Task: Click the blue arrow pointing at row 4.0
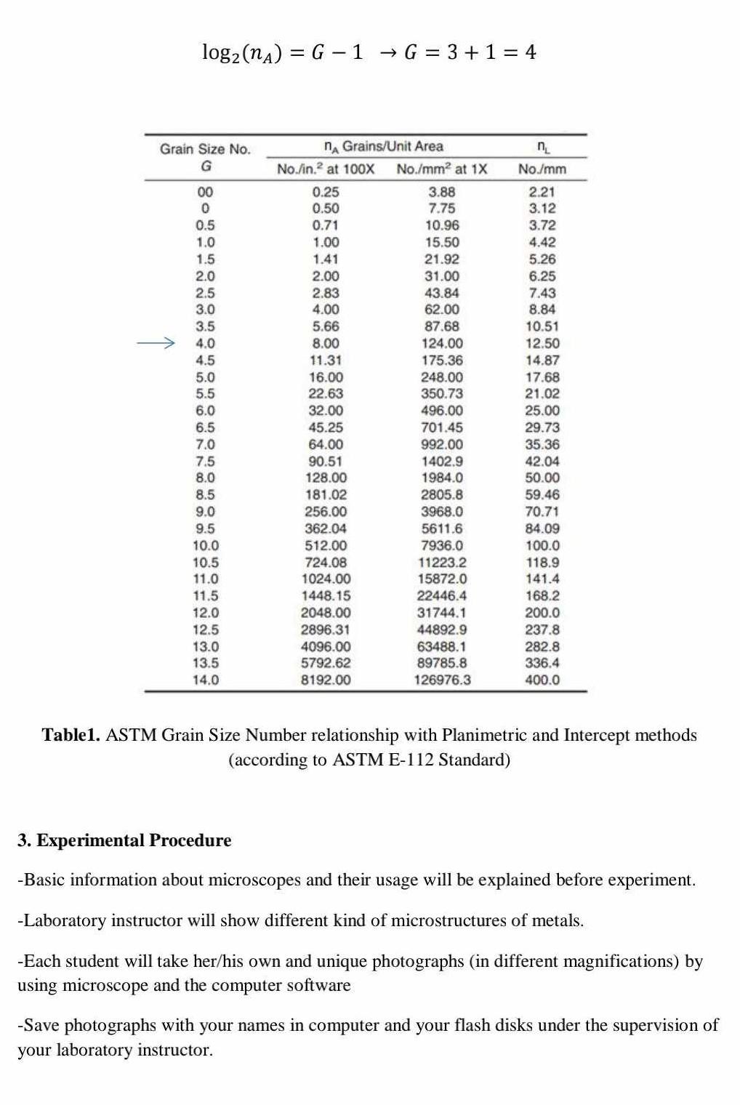pyautogui.click(x=156, y=342)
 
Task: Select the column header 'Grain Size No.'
pyautogui.click(x=205, y=149)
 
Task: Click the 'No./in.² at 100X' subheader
pyautogui.click(x=326, y=169)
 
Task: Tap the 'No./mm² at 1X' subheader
pyautogui.click(x=442, y=169)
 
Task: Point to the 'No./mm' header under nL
pyautogui.click(x=542, y=169)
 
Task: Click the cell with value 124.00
pyautogui.click(x=442, y=343)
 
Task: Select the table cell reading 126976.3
pyautogui.click(x=442, y=680)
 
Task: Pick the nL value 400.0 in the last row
pyautogui.click(x=542, y=680)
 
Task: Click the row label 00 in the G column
pyautogui.click(x=206, y=192)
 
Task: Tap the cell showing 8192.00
pyautogui.click(x=326, y=680)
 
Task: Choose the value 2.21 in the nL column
pyautogui.click(x=542, y=192)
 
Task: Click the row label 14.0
pyautogui.click(x=206, y=680)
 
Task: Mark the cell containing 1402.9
pyautogui.click(x=442, y=461)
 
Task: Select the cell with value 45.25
pyautogui.click(x=326, y=427)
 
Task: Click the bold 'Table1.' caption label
pyautogui.click(x=71, y=735)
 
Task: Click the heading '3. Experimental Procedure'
pyautogui.click(x=124, y=840)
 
